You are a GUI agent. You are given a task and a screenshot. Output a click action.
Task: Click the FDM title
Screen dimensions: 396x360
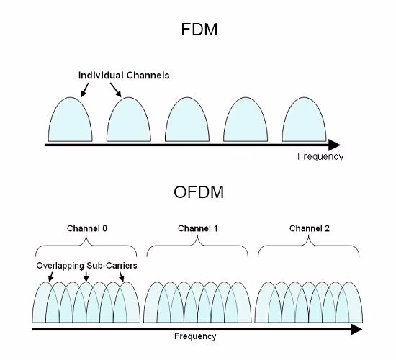click(x=199, y=30)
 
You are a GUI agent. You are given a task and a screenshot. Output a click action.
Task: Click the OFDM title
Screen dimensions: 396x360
click(x=199, y=192)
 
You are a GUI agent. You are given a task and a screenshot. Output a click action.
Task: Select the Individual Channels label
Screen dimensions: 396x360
click(x=124, y=76)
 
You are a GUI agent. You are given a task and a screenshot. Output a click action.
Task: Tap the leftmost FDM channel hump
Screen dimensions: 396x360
click(x=71, y=120)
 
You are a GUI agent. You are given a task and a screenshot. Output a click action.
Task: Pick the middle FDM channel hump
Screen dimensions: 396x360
click(x=187, y=120)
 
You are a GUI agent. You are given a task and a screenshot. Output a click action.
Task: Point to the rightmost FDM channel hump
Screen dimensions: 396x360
click(x=304, y=120)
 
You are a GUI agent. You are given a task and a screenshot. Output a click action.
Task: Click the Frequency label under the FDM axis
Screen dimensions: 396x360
click(x=320, y=156)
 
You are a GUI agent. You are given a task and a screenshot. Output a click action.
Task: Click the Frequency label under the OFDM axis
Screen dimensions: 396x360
click(x=195, y=336)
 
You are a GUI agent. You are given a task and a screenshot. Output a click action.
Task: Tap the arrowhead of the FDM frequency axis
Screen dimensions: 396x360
click(x=335, y=145)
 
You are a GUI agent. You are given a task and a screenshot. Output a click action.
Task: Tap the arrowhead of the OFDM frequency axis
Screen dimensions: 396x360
click(x=357, y=330)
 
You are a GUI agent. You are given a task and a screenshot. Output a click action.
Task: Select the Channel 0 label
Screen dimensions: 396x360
click(x=87, y=228)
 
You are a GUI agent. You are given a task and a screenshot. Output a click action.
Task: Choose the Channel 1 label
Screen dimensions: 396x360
click(x=197, y=228)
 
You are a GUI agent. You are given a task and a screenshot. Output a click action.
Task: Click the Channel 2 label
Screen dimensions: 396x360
click(x=310, y=228)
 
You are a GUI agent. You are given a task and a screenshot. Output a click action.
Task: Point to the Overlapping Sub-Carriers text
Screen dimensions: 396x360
click(x=86, y=266)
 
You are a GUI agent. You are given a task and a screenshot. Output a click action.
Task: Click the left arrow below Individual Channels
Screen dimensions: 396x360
click(x=85, y=90)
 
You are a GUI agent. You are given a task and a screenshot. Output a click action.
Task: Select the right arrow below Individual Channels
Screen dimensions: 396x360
click(x=116, y=90)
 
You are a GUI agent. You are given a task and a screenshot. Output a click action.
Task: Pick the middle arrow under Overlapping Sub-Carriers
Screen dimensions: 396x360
click(x=86, y=277)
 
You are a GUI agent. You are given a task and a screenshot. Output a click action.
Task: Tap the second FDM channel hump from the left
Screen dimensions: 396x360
click(x=129, y=120)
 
